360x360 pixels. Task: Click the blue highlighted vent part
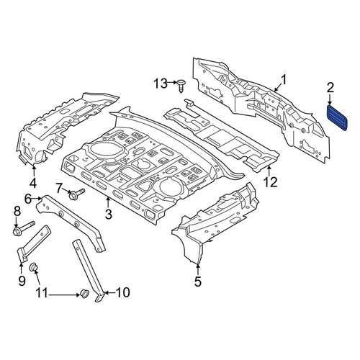pyautogui.click(x=337, y=117)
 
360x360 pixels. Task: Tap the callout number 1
pyautogui.click(x=284, y=80)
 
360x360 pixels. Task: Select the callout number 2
pyautogui.click(x=330, y=89)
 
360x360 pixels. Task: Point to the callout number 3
pyautogui.click(x=109, y=214)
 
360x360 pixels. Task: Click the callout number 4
pyautogui.click(x=33, y=183)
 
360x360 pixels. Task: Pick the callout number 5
pyautogui.click(x=197, y=282)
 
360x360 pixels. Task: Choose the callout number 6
pyautogui.click(x=28, y=199)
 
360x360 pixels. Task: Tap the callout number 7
pyautogui.click(x=59, y=188)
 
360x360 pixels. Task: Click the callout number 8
pyautogui.click(x=17, y=212)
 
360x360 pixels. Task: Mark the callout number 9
pyautogui.click(x=22, y=281)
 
